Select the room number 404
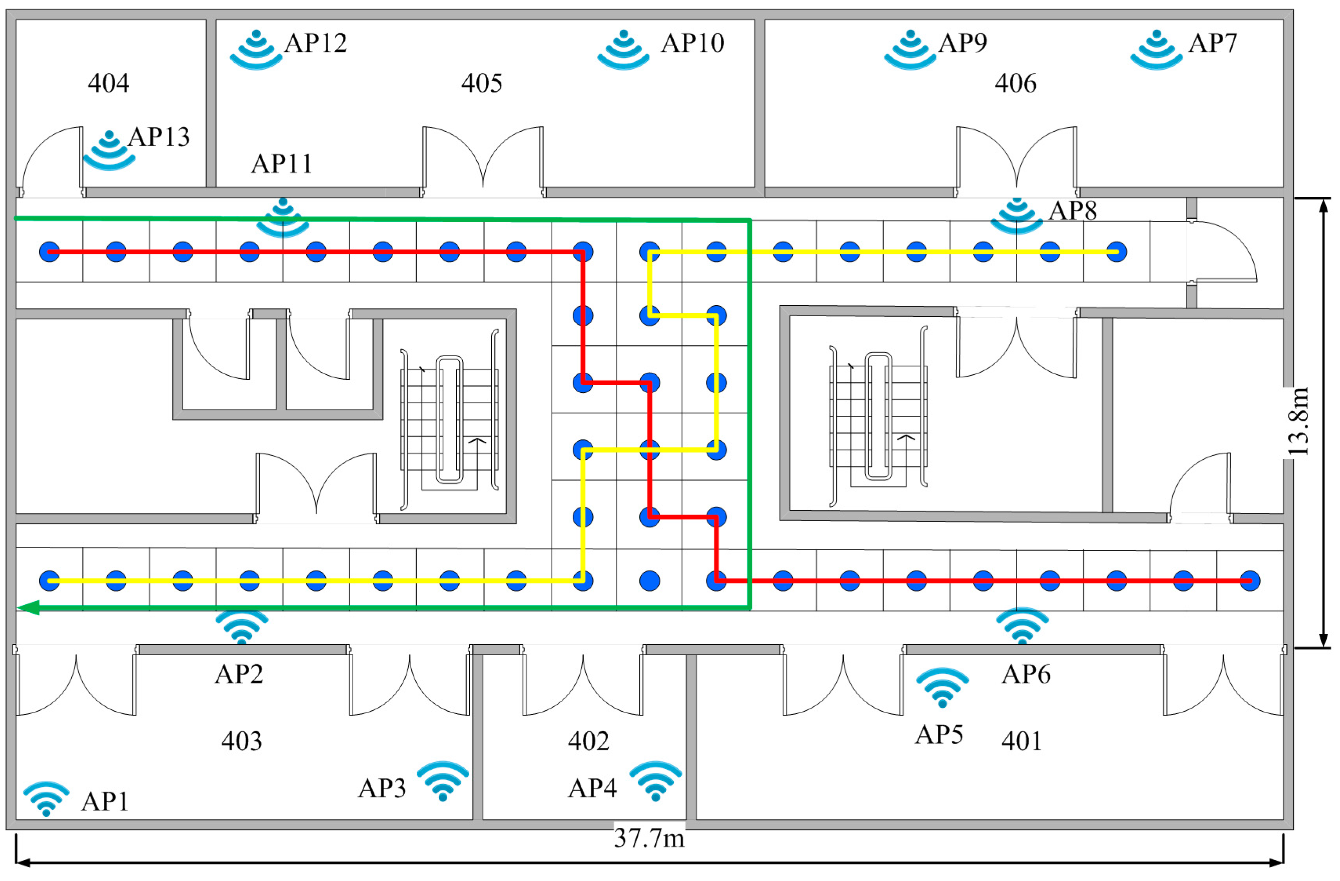click(109, 83)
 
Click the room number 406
click(1015, 83)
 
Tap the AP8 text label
click(1072, 211)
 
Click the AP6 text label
click(1026, 674)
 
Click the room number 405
click(481, 83)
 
